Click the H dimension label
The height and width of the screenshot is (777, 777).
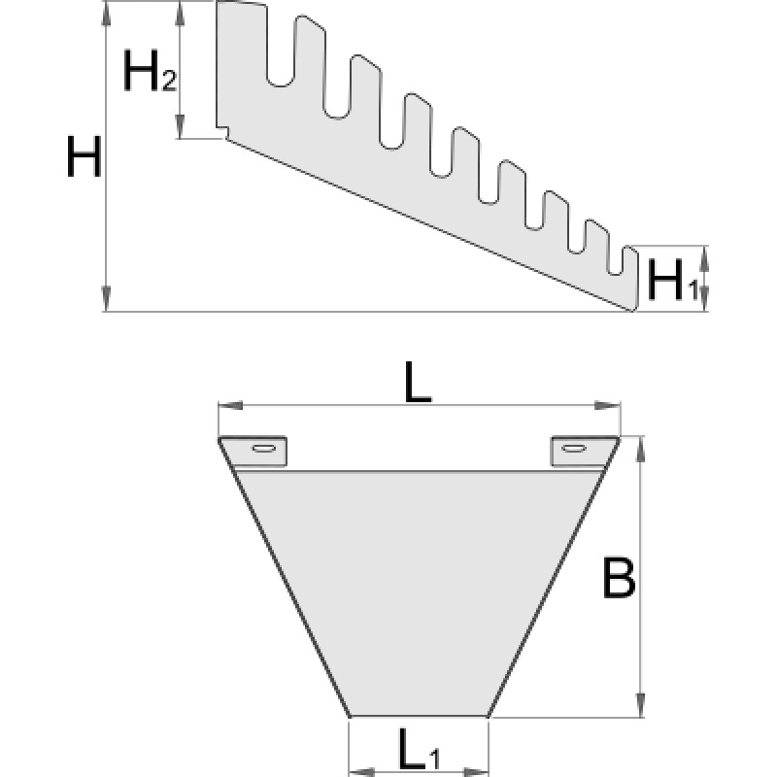pyautogui.click(x=84, y=157)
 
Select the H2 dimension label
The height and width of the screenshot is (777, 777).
pyautogui.click(x=149, y=70)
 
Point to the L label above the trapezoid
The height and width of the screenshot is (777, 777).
pyautogui.click(x=418, y=386)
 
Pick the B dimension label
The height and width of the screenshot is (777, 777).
pyautogui.click(x=618, y=580)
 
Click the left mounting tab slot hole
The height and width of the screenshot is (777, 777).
pyautogui.click(x=262, y=448)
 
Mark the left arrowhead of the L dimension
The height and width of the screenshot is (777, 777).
pyautogui.click(x=223, y=405)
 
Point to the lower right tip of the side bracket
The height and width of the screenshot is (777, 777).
pyautogui.click(x=631, y=311)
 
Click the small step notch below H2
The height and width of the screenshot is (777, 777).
pyautogui.click(x=222, y=133)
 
